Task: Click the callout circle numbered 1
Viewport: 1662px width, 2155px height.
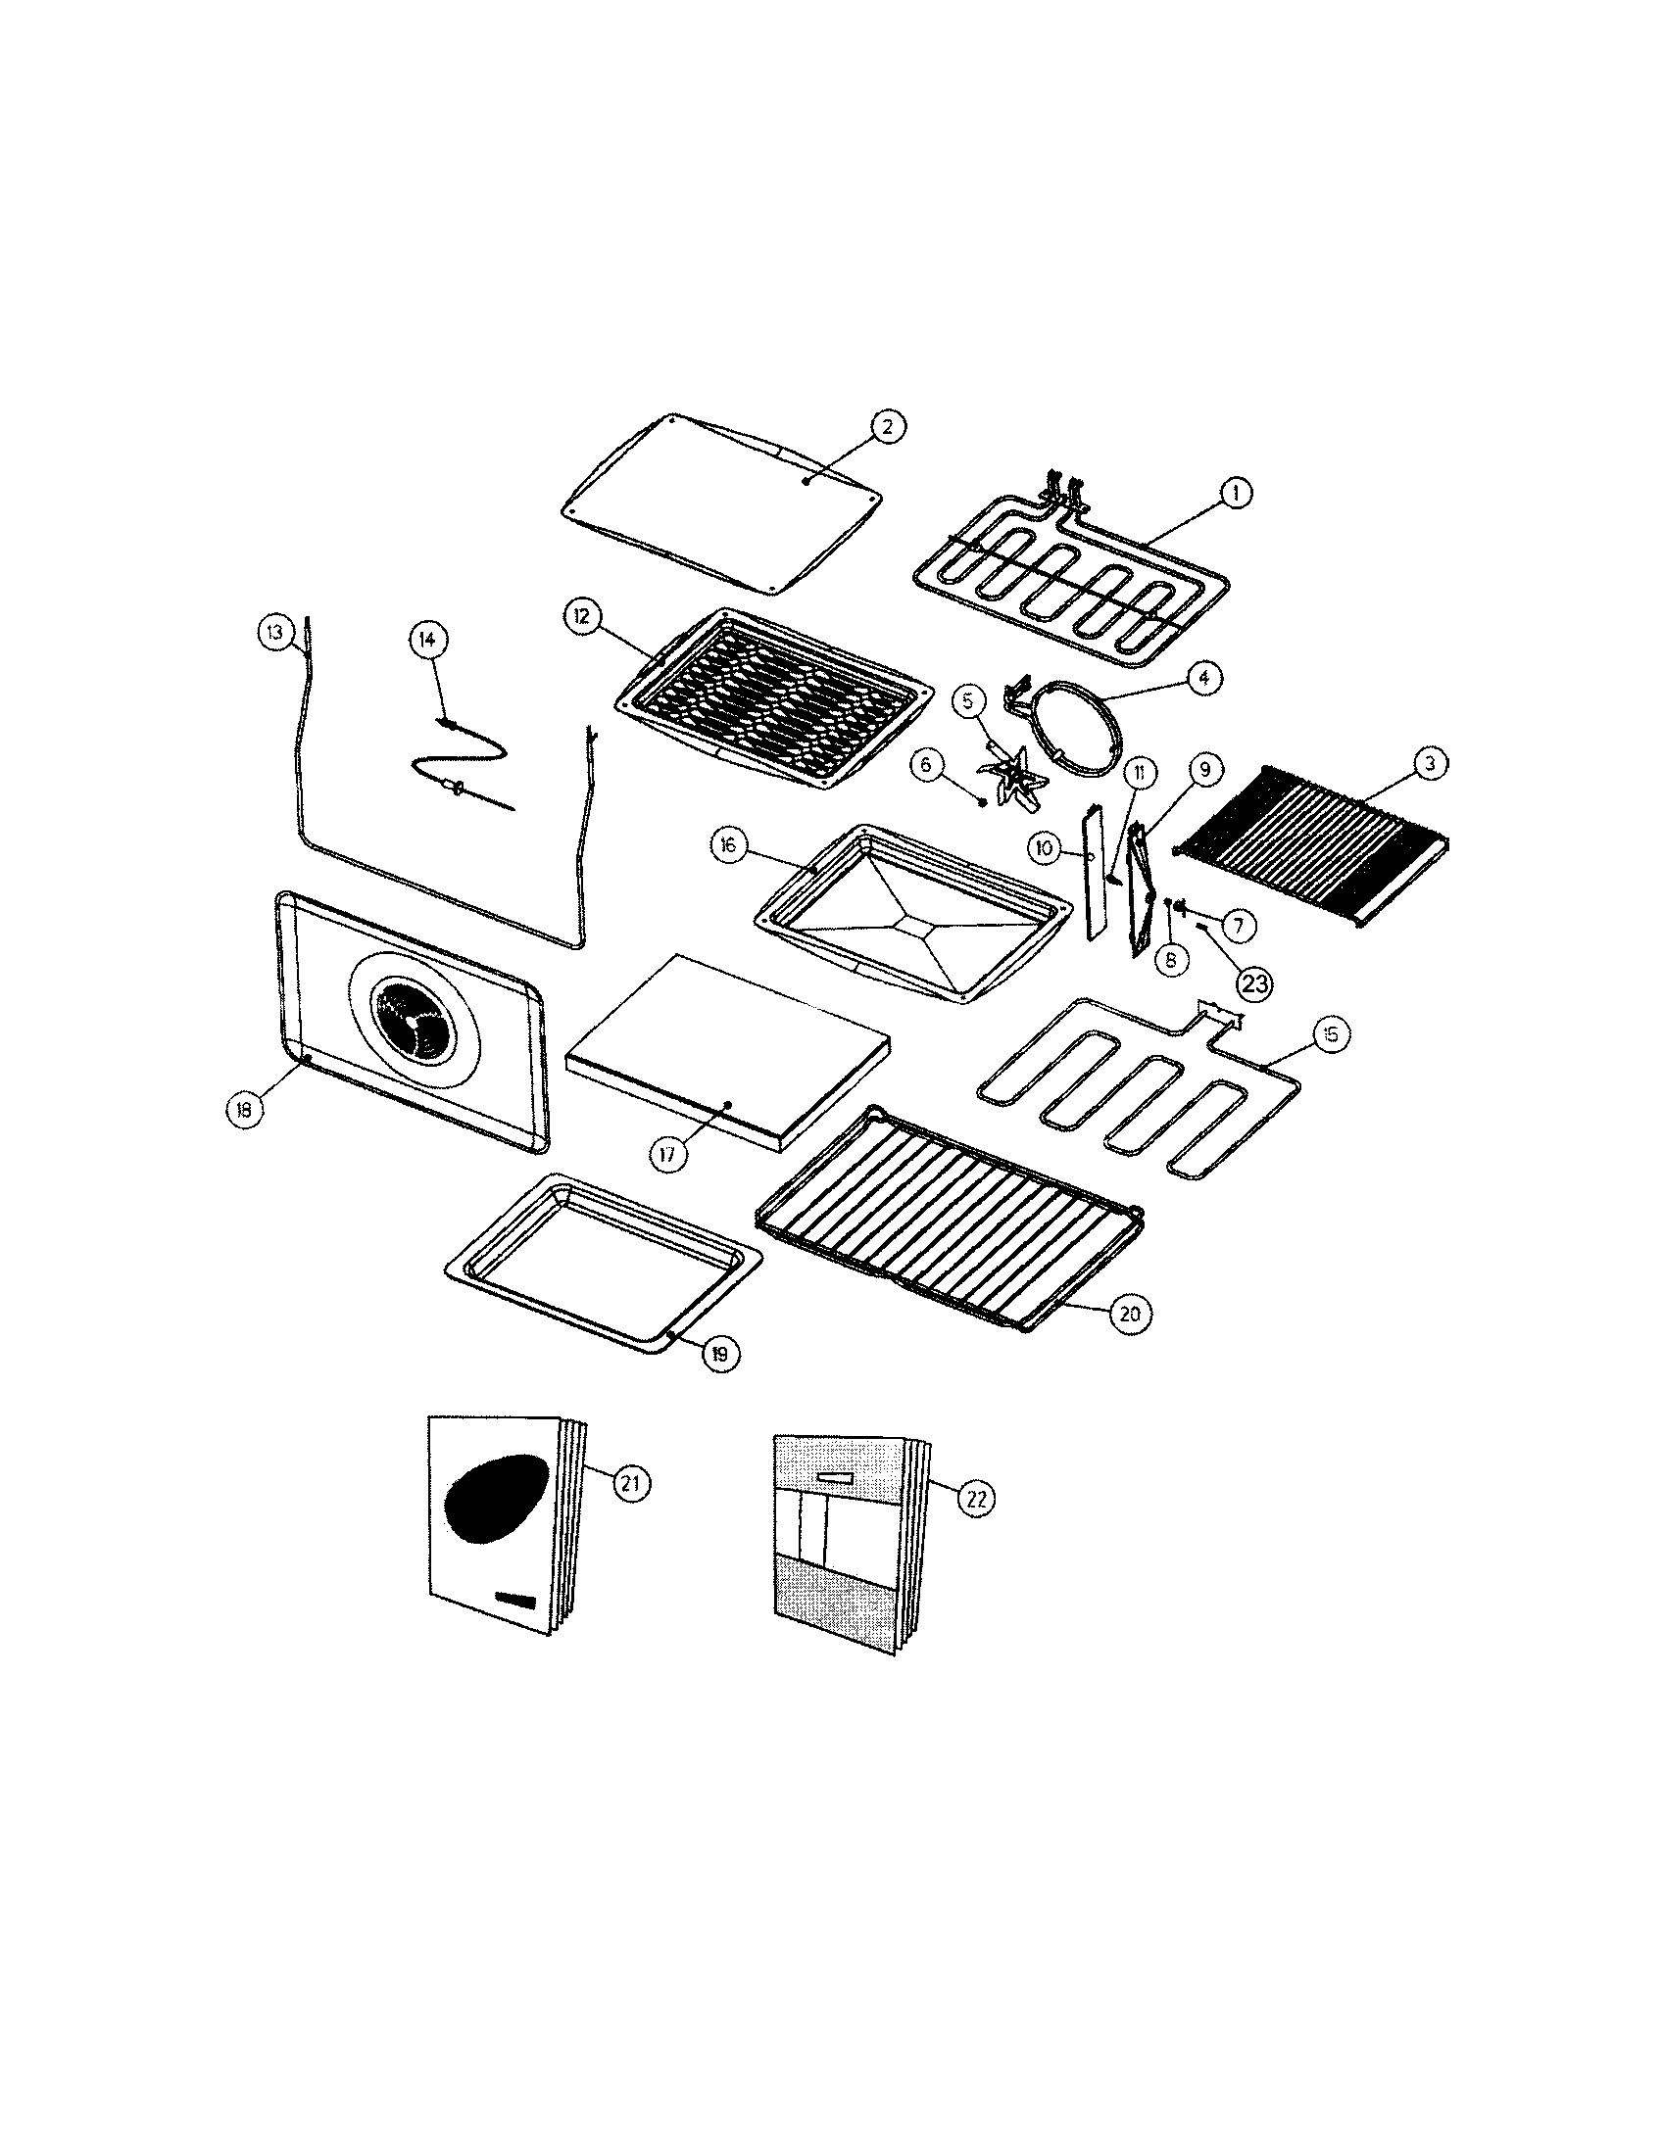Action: click(1234, 493)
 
